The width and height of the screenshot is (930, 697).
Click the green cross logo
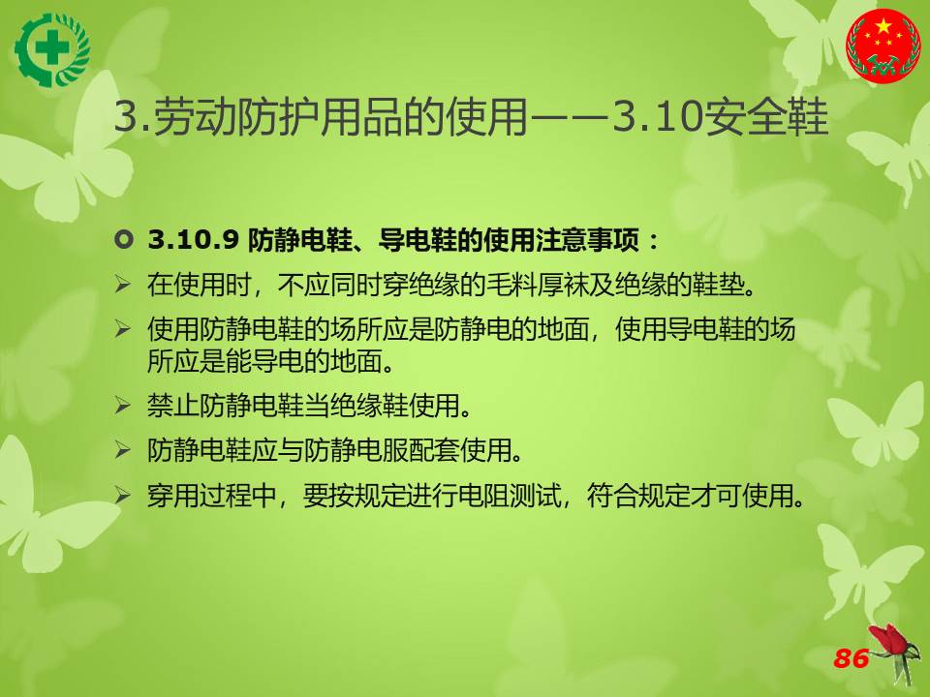pyautogui.click(x=52, y=50)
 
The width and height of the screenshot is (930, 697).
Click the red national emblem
pyautogui.click(x=883, y=45)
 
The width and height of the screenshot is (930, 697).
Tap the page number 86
pyautogui.click(x=852, y=658)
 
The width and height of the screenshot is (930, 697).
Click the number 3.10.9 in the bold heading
pyautogui.click(x=194, y=240)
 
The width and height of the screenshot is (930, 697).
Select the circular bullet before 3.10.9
pyautogui.click(x=123, y=240)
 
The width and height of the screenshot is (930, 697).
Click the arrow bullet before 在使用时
pyautogui.click(x=122, y=285)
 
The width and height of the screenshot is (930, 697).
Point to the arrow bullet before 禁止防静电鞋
pyautogui.click(x=122, y=406)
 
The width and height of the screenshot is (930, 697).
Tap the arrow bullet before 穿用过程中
pyautogui.click(x=122, y=495)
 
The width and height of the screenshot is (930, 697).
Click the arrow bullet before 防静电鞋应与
pyautogui.click(x=122, y=450)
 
